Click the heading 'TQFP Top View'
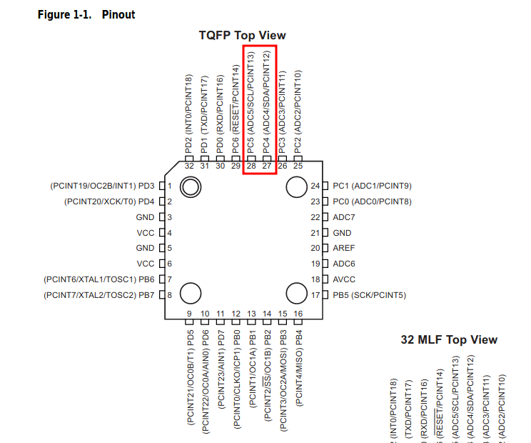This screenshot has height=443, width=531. [242, 35]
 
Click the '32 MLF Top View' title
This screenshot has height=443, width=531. [449, 339]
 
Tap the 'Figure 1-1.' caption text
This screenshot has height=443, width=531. [66, 14]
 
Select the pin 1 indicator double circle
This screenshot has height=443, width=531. [191, 187]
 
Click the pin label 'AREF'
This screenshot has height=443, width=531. [343, 248]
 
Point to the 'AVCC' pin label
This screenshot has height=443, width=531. [344, 279]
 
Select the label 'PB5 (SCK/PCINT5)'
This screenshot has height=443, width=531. [369, 295]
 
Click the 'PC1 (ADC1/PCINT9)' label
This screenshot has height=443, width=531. [372, 186]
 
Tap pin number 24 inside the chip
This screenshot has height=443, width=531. [315, 186]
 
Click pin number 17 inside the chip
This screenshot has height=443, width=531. [315, 295]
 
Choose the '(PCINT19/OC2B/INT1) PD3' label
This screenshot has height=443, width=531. [102, 186]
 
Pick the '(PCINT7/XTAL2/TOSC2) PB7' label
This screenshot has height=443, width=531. [98, 295]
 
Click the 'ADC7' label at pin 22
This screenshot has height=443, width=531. [344, 217]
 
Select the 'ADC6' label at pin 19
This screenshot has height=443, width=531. [344, 264]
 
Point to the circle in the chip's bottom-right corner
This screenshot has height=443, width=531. [296, 293]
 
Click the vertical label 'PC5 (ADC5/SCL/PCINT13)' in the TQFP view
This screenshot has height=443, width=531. [251, 100]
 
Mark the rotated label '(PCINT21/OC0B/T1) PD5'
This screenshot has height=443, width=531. [191, 377]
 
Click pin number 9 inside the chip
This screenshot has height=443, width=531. [190, 314]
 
